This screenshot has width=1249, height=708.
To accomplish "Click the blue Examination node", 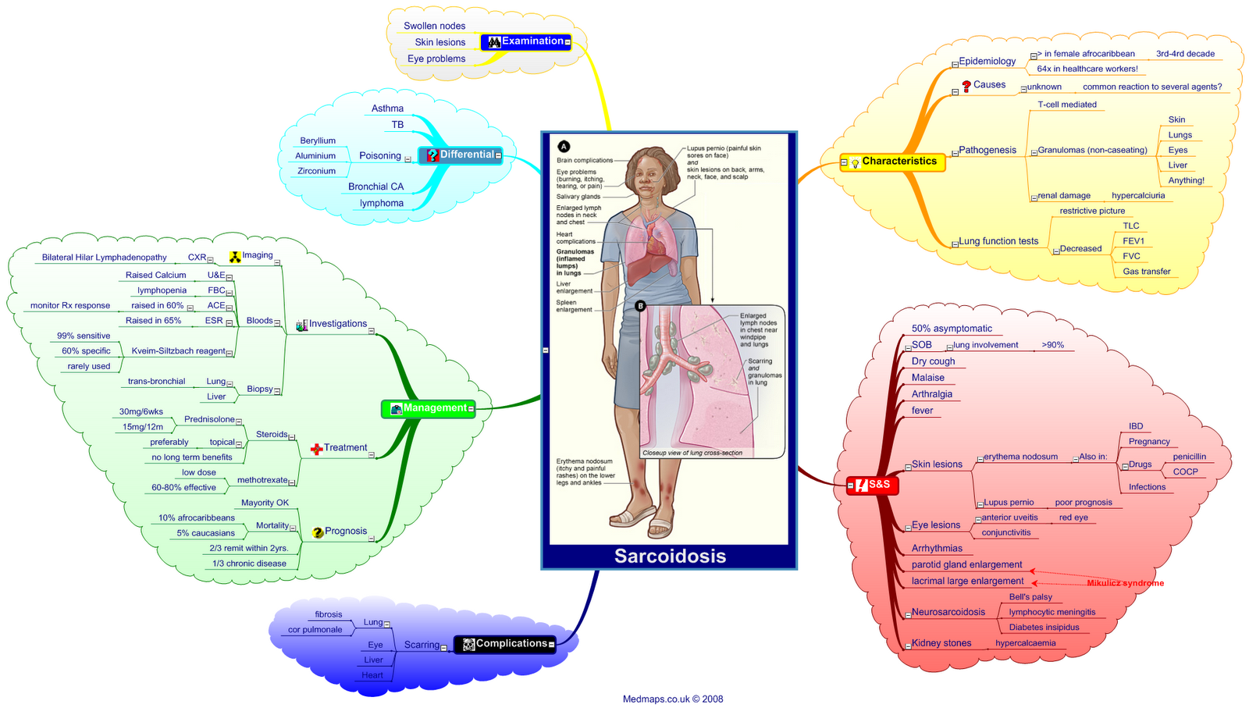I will click(x=525, y=42).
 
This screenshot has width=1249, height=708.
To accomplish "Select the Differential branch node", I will click(x=460, y=155).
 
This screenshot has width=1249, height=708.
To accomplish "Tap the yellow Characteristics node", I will click(x=892, y=162).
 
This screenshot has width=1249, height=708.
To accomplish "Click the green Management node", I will click(x=428, y=408).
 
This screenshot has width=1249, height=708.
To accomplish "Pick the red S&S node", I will click(x=873, y=485).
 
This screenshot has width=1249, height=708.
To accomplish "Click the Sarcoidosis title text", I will click(x=670, y=556).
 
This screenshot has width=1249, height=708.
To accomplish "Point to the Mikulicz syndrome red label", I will click(x=1125, y=583).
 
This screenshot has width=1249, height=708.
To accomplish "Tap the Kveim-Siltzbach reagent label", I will click(x=178, y=351).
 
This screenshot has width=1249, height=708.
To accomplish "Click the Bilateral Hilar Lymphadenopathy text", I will click(x=105, y=258).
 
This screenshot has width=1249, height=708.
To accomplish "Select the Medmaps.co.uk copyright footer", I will click(x=673, y=699).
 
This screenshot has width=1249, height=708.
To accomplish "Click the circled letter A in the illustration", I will click(x=564, y=146).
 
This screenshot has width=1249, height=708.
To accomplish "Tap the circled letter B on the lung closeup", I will click(x=641, y=306).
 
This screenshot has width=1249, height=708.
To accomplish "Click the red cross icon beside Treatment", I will click(x=316, y=449).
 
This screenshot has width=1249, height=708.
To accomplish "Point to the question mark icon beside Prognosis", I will click(x=318, y=532).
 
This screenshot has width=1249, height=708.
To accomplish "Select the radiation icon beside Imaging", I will click(x=235, y=256).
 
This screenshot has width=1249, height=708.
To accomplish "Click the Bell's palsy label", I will click(x=1030, y=597).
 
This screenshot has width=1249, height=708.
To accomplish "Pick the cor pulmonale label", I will click(x=315, y=630).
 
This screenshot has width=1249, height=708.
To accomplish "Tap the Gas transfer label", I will click(x=1147, y=272).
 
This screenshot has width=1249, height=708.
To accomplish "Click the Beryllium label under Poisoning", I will click(x=318, y=141).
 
